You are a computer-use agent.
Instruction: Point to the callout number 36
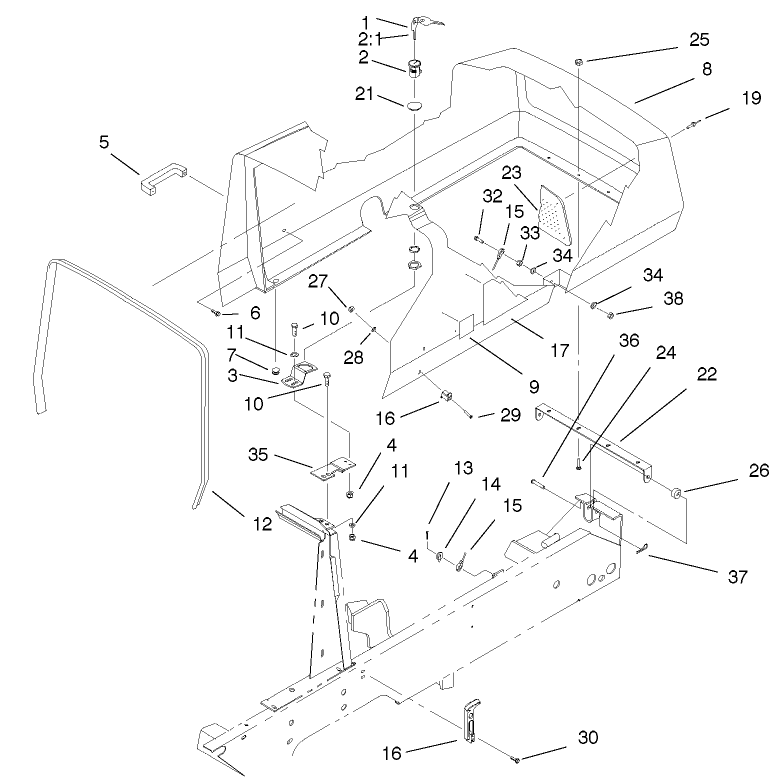pyautogui.click(x=627, y=341)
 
